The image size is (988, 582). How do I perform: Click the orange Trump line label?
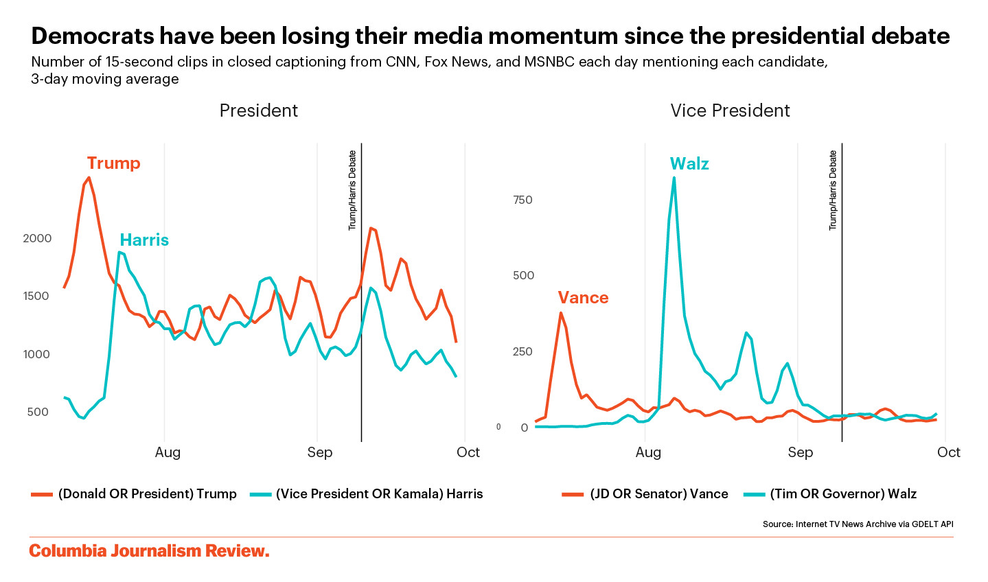(113, 163)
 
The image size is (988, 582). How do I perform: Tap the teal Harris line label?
(144, 240)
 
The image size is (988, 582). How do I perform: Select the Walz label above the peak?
(689, 164)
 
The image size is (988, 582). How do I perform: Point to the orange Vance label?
(583, 298)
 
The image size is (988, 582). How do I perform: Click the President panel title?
(258, 110)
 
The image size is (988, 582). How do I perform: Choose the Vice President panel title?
(730, 110)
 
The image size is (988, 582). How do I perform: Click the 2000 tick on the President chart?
(37, 238)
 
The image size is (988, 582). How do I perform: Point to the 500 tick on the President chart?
(38, 412)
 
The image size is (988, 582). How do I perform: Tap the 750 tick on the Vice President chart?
(522, 200)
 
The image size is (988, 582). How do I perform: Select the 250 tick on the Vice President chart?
(522, 351)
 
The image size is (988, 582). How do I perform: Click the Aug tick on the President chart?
(168, 452)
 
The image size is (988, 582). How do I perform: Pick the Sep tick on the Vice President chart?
(800, 452)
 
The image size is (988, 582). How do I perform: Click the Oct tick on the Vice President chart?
(948, 452)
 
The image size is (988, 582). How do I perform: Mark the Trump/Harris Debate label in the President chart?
(353, 190)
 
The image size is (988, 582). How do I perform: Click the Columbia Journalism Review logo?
(149, 551)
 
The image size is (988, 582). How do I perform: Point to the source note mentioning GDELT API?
(858, 524)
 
